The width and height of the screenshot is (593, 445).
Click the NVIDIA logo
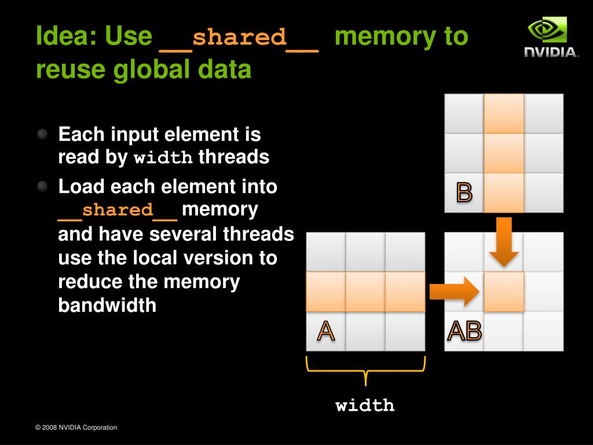(551, 37)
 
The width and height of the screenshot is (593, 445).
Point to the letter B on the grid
(464, 192)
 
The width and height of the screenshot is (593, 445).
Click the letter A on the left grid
(325, 331)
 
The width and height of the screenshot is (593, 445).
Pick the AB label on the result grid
(464, 331)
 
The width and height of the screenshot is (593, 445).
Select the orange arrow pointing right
(455, 291)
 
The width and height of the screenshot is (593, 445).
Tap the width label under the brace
(365, 405)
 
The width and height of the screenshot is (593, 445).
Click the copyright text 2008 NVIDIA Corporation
(76, 428)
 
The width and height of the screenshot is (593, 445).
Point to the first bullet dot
(43, 135)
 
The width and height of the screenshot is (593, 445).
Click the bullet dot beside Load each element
(43, 187)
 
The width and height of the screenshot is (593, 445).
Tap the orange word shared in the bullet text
(118, 210)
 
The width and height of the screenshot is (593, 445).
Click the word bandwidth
(107, 305)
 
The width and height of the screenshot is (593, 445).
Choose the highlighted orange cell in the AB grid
(504, 291)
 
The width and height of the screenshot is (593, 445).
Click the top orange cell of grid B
(504, 114)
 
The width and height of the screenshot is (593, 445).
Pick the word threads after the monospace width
(234, 157)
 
